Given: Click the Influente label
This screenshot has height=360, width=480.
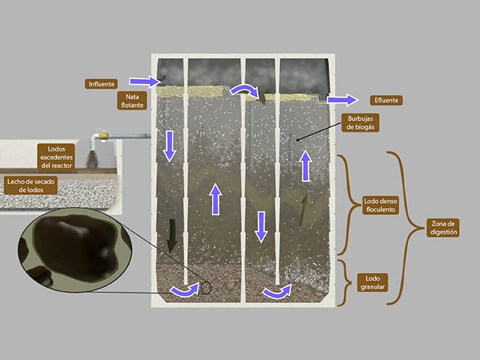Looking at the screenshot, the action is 101,84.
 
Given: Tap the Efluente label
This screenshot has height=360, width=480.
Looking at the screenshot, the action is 386,100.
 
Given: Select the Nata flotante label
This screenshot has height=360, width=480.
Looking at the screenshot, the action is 132,101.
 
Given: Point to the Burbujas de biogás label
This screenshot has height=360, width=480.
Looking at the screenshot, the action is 361,123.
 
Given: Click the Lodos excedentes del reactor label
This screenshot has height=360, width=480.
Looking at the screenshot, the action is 56,157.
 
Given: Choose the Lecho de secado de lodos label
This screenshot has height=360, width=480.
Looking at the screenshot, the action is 31,185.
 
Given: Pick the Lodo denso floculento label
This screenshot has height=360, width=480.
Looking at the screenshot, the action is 380,205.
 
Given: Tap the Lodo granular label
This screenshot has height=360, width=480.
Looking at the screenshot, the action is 372,283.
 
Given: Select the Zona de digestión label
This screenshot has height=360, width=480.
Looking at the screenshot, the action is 443,228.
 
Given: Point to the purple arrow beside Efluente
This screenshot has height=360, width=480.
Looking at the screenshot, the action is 342,100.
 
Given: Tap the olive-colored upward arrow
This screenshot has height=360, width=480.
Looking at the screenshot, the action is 305,209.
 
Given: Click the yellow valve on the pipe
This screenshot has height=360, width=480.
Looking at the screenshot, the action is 103,134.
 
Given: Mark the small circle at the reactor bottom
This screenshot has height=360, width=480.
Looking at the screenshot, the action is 206,288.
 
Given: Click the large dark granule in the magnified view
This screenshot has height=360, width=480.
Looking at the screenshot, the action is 76,247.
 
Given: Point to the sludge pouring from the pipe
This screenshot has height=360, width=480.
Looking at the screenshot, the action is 92,158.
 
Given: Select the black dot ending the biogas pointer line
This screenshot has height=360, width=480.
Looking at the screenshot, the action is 298,140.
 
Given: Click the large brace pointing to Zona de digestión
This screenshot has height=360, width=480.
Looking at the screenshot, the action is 406,228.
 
